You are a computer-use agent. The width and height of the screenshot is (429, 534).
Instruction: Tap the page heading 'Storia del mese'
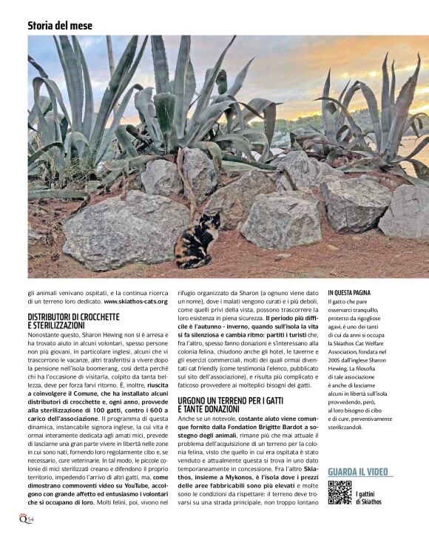(x=60, y=25)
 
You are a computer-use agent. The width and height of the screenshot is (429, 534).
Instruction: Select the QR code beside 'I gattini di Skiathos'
(x=340, y=491)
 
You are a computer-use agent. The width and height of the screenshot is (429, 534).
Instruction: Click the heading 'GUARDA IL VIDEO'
(x=359, y=471)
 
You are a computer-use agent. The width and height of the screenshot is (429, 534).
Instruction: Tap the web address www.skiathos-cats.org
(x=135, y=301)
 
